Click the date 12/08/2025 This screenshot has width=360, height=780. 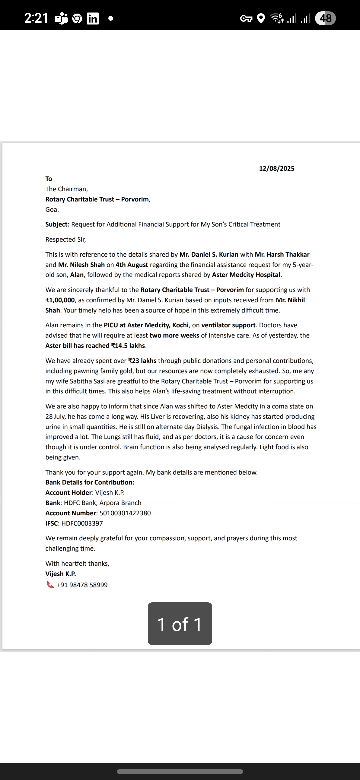pyautogui.click(x=277, y=168)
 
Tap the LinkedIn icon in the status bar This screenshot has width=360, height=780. pyautogui.click(x=93, y=19)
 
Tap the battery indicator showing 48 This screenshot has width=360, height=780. pyautogui.click(x=325, y=18)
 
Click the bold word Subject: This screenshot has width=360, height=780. pyautogui.click(x=57, y=224)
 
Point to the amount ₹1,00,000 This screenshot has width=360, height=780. pyautogui.click(x=60, y=300)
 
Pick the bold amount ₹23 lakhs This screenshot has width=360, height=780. pyautogui.click(x=142, y=361)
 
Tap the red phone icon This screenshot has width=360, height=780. pyautogui.click(x=50, y=585)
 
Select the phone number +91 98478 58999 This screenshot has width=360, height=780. pyautogui.click(x=82, y=585)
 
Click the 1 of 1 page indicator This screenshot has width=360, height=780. pyautogui.click(x=180, y=624)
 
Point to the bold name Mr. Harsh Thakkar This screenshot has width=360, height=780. pyautogui.click(x=282, y=254)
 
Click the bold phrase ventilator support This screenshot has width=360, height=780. pyautogui.click(x=228, y=325)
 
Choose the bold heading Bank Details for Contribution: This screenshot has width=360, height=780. pyautogui.click(x=90, y=482)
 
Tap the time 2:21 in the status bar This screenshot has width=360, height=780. pyautogui.click(x=36, y=18)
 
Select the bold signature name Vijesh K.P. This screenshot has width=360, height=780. pyautogui.click(x=61, y=574)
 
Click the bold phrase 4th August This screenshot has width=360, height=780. pyautogui.click(x=132, y=265)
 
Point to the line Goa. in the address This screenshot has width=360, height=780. pyautogui.click(x=52, y=210)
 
